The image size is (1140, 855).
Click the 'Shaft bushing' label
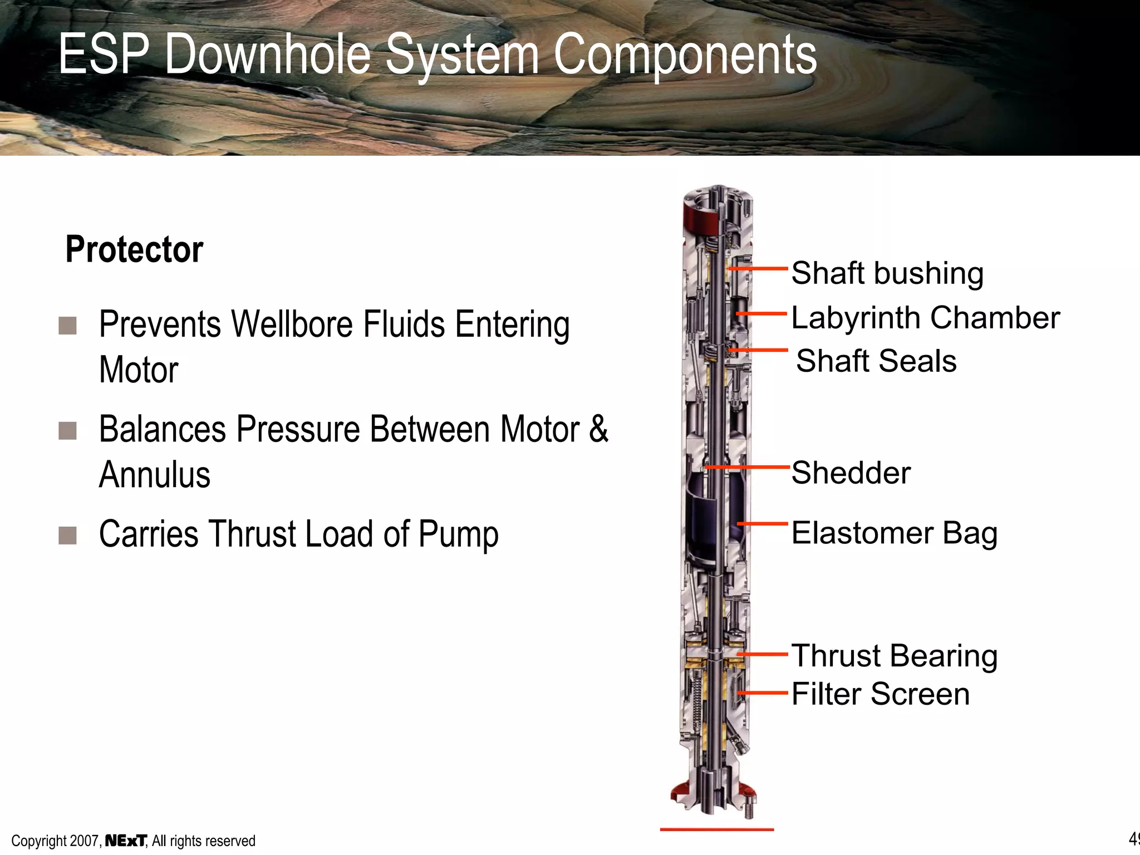click(x=887, y=273)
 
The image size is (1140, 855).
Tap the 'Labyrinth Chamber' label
click(x=925, y=318)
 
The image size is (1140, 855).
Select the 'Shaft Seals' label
click(x=876, y=361)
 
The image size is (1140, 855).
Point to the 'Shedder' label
click(x=851, y=473)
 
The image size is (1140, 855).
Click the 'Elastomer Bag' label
click(x=894, y=533)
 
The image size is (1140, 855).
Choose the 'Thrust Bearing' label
click(x=894, y=656)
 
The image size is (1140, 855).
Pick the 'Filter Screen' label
click(x=880, y=694)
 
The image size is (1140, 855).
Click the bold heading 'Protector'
click(x=134, y=249)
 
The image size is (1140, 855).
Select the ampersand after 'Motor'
click(x=598, y=429)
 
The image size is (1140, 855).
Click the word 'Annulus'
click(x=155, y=475)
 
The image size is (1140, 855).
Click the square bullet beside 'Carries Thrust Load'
click(x=67, y=535)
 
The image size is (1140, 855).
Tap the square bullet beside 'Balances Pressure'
click(x=67, y=430)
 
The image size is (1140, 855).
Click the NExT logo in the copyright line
click(x=126, y=841)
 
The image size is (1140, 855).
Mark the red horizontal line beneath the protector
click(x=716, y=829)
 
